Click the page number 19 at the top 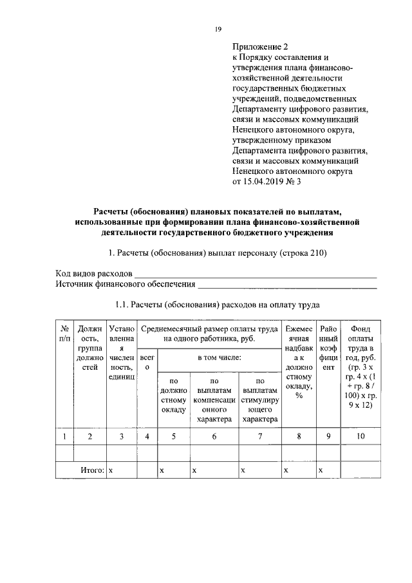[x=218, y=29]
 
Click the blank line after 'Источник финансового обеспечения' [x=286, y=284]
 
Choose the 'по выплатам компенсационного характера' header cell [x=214, y=399]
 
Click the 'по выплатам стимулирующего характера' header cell [x=260, y=399]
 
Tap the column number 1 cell [x=64, y=437]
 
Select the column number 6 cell [x=214, y=437]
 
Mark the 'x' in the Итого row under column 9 [x=321, y=471]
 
